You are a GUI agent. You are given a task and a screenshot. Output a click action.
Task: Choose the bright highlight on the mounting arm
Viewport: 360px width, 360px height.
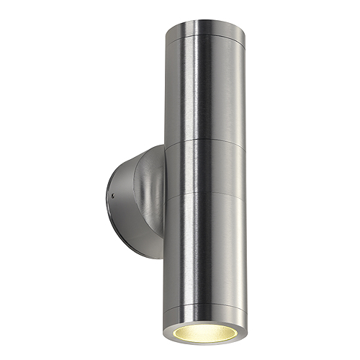[x=148, y=173]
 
